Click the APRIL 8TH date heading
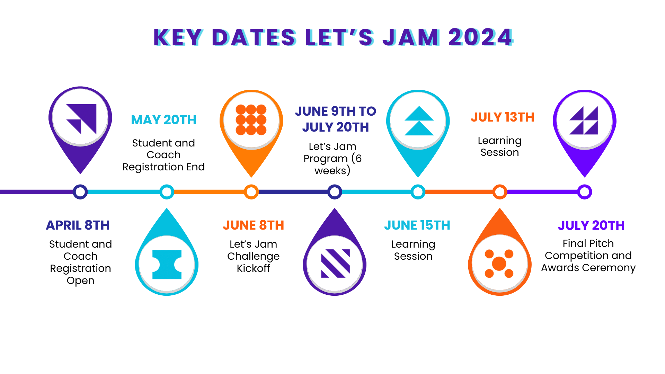[78, 225]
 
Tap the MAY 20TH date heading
[163, 120]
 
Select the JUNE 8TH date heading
[253, 225]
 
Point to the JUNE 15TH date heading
[417, 225]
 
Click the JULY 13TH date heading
[502, 117]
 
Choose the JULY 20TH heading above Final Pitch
[591, 226]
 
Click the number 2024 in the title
[480, 37]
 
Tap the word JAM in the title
[411, 37]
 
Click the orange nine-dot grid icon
[251, 120]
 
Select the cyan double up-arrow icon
[419, 121]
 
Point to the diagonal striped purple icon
[335, 263]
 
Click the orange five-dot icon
[499, 264]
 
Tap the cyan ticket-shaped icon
[167, 265]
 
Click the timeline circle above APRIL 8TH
[80, 192]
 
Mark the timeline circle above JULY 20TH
[585, 192]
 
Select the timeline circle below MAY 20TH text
[167, 192]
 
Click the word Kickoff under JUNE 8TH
[253, 268]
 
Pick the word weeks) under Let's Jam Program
[332, 171]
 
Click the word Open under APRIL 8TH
[80, 280]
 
